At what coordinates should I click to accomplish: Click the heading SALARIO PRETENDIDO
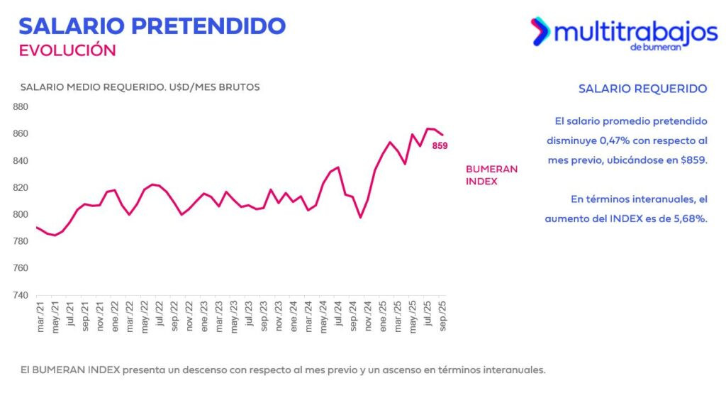[152, 26]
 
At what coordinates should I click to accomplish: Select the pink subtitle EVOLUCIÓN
[67, 50]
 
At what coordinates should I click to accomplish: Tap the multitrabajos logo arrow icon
[540, 31]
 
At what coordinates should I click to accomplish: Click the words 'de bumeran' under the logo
[655, 48]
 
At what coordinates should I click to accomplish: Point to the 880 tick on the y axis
[21, 107]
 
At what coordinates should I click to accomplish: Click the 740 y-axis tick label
[21, 295]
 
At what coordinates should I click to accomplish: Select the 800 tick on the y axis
[21, 215]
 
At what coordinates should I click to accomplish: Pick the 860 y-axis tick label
[21, 134]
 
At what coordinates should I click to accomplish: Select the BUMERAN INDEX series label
[491, 175]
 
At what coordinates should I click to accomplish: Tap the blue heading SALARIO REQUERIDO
[642, 89]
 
